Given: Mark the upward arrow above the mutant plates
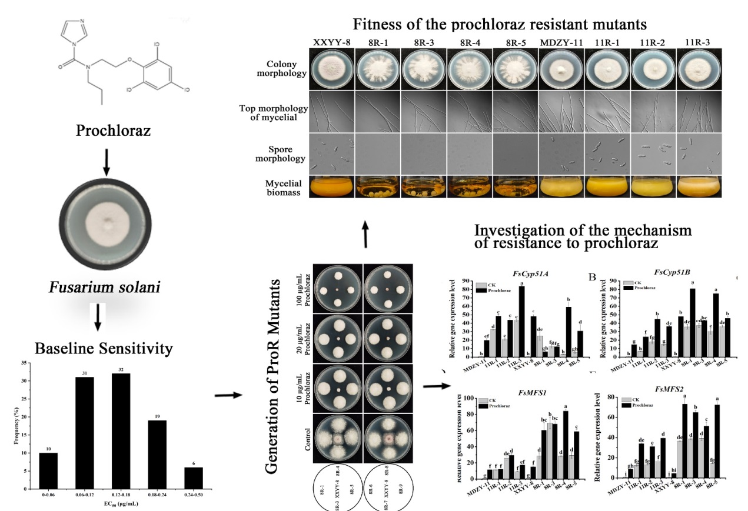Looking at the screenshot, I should tap(365, 237).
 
